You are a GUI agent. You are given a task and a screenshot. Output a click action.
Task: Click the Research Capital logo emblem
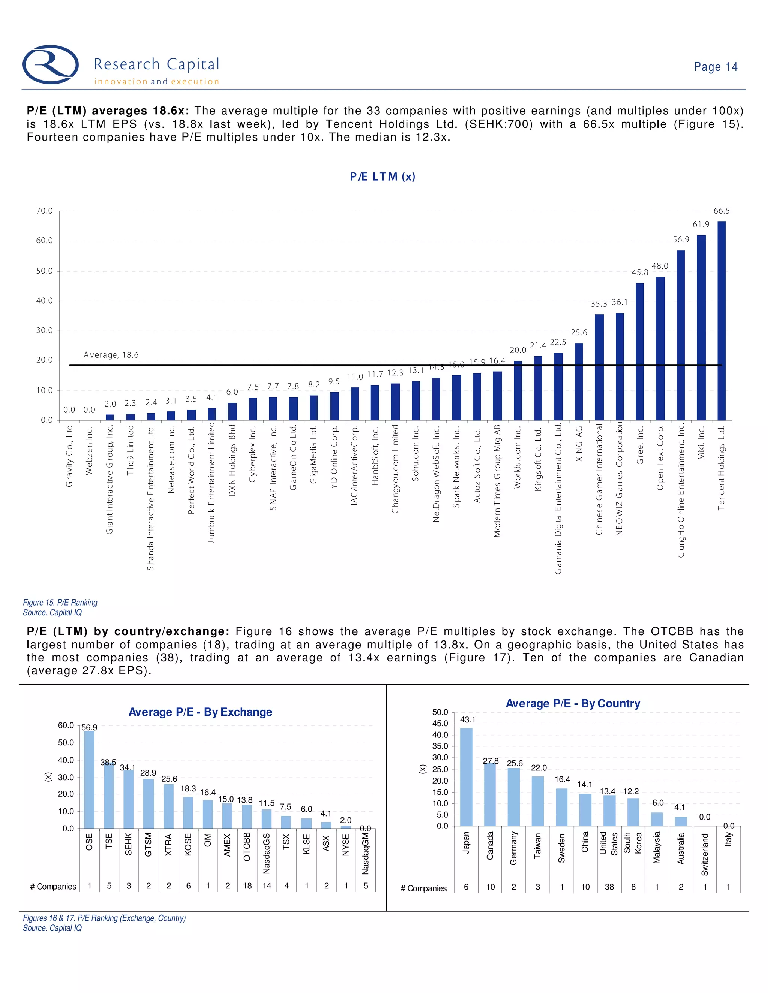point(51,64)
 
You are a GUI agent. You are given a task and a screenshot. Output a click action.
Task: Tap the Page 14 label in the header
point(715,67)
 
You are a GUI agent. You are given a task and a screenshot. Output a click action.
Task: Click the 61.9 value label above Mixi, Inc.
point(700,224)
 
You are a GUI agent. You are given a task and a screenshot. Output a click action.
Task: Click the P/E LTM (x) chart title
point(382,177)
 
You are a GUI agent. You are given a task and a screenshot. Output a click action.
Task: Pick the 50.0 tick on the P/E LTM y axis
point(45,271)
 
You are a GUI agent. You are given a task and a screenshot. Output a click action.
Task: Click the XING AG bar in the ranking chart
point(579,381)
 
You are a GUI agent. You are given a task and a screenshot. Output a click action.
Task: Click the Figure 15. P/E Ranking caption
point(60,603)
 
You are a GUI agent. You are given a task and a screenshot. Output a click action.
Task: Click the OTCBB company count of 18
point(247,886)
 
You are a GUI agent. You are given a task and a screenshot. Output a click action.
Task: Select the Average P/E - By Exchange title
point(200,712)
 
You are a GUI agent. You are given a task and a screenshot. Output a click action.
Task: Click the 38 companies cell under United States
point(609,887)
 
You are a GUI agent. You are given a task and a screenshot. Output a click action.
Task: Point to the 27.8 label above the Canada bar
point(490,761)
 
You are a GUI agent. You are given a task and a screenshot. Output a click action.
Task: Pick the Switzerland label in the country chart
point(705,854)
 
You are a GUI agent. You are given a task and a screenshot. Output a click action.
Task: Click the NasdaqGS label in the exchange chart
point(267,853)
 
